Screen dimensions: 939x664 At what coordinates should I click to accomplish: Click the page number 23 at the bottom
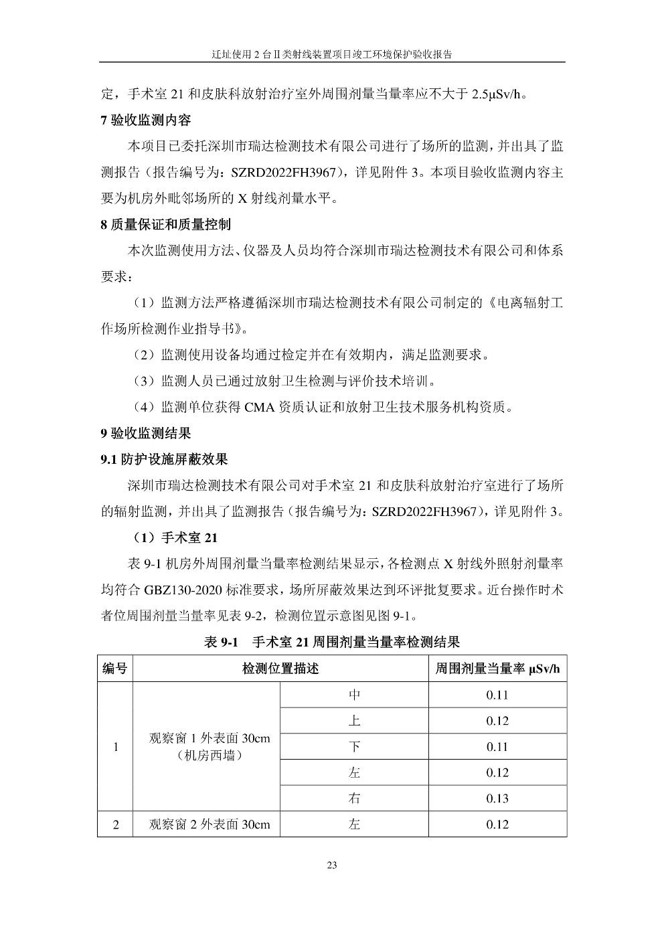[332, 865]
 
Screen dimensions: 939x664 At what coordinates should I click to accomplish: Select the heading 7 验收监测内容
[145, 120]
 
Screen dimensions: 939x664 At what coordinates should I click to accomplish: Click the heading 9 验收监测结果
[145, 433]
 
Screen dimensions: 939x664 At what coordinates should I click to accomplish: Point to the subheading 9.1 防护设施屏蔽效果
[164, 459]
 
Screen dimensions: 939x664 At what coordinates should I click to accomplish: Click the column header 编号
[115, 668]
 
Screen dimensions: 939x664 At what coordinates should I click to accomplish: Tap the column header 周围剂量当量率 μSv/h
[497, 668]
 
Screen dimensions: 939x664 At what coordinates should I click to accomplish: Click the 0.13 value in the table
[497, 798]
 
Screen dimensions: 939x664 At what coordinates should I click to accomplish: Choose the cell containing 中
[354, 695]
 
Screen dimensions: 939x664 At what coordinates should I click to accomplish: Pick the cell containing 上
[354, 721]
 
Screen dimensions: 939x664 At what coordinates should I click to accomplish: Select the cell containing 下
[354, 747]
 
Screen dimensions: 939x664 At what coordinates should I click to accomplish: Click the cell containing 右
[354, 798]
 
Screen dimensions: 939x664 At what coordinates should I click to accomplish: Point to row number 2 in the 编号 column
[115, 825]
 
